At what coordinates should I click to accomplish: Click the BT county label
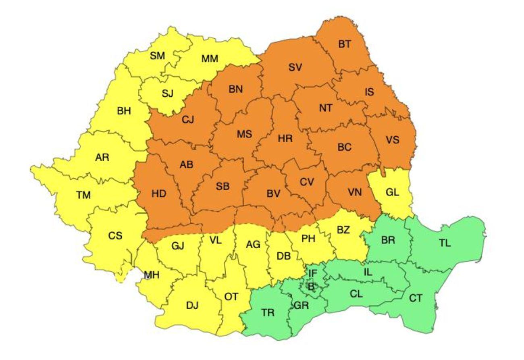pos(344,44)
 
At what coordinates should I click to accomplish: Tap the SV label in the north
pos(295,68)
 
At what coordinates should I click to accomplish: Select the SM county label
pos(158,56)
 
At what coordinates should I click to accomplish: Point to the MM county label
pos(210,59)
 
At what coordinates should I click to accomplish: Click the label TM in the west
pos(83,196)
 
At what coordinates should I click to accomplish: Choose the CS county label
pos(115,236)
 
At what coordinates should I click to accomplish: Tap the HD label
pos(159,194)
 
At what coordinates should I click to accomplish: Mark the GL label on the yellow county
pos(392,192)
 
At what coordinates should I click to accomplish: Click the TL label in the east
pos(445,243)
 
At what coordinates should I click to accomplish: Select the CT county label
pos(416,298)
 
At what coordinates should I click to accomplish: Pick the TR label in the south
pos(268,312)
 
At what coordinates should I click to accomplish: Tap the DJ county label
pos(192,306)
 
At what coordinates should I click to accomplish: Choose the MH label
pos(152,275)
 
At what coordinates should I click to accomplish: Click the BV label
pos(273,194)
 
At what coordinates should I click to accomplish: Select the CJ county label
pos(187,120)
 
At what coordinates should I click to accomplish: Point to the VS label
pos(392,140)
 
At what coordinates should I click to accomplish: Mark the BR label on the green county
pos(388,240)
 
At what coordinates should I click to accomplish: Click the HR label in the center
pos(285,138)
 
